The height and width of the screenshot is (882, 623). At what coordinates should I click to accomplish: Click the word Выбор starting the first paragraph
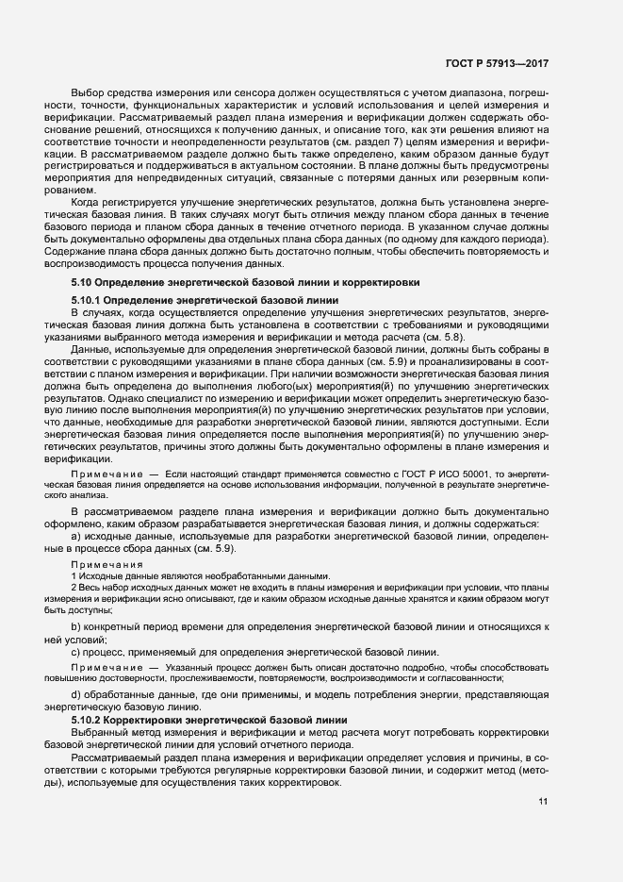(89, 94)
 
